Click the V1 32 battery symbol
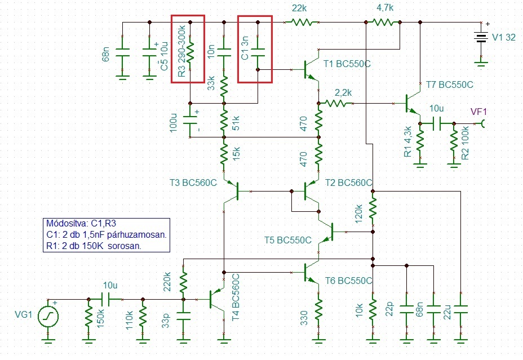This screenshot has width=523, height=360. (481, 37)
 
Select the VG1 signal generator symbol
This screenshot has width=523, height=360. (48, 316)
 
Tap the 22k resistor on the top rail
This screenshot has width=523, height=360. (302, 23)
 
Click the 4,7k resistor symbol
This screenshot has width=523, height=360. (383, 23)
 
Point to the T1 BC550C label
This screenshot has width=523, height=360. (347, 64)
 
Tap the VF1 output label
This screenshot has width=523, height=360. (478, 112)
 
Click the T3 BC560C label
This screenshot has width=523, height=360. (193, 183)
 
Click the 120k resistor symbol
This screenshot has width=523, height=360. (373, 208)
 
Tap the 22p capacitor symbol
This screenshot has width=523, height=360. (406, 310)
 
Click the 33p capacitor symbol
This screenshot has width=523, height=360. (183, 316)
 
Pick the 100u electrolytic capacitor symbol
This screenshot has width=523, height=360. (190, 121)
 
